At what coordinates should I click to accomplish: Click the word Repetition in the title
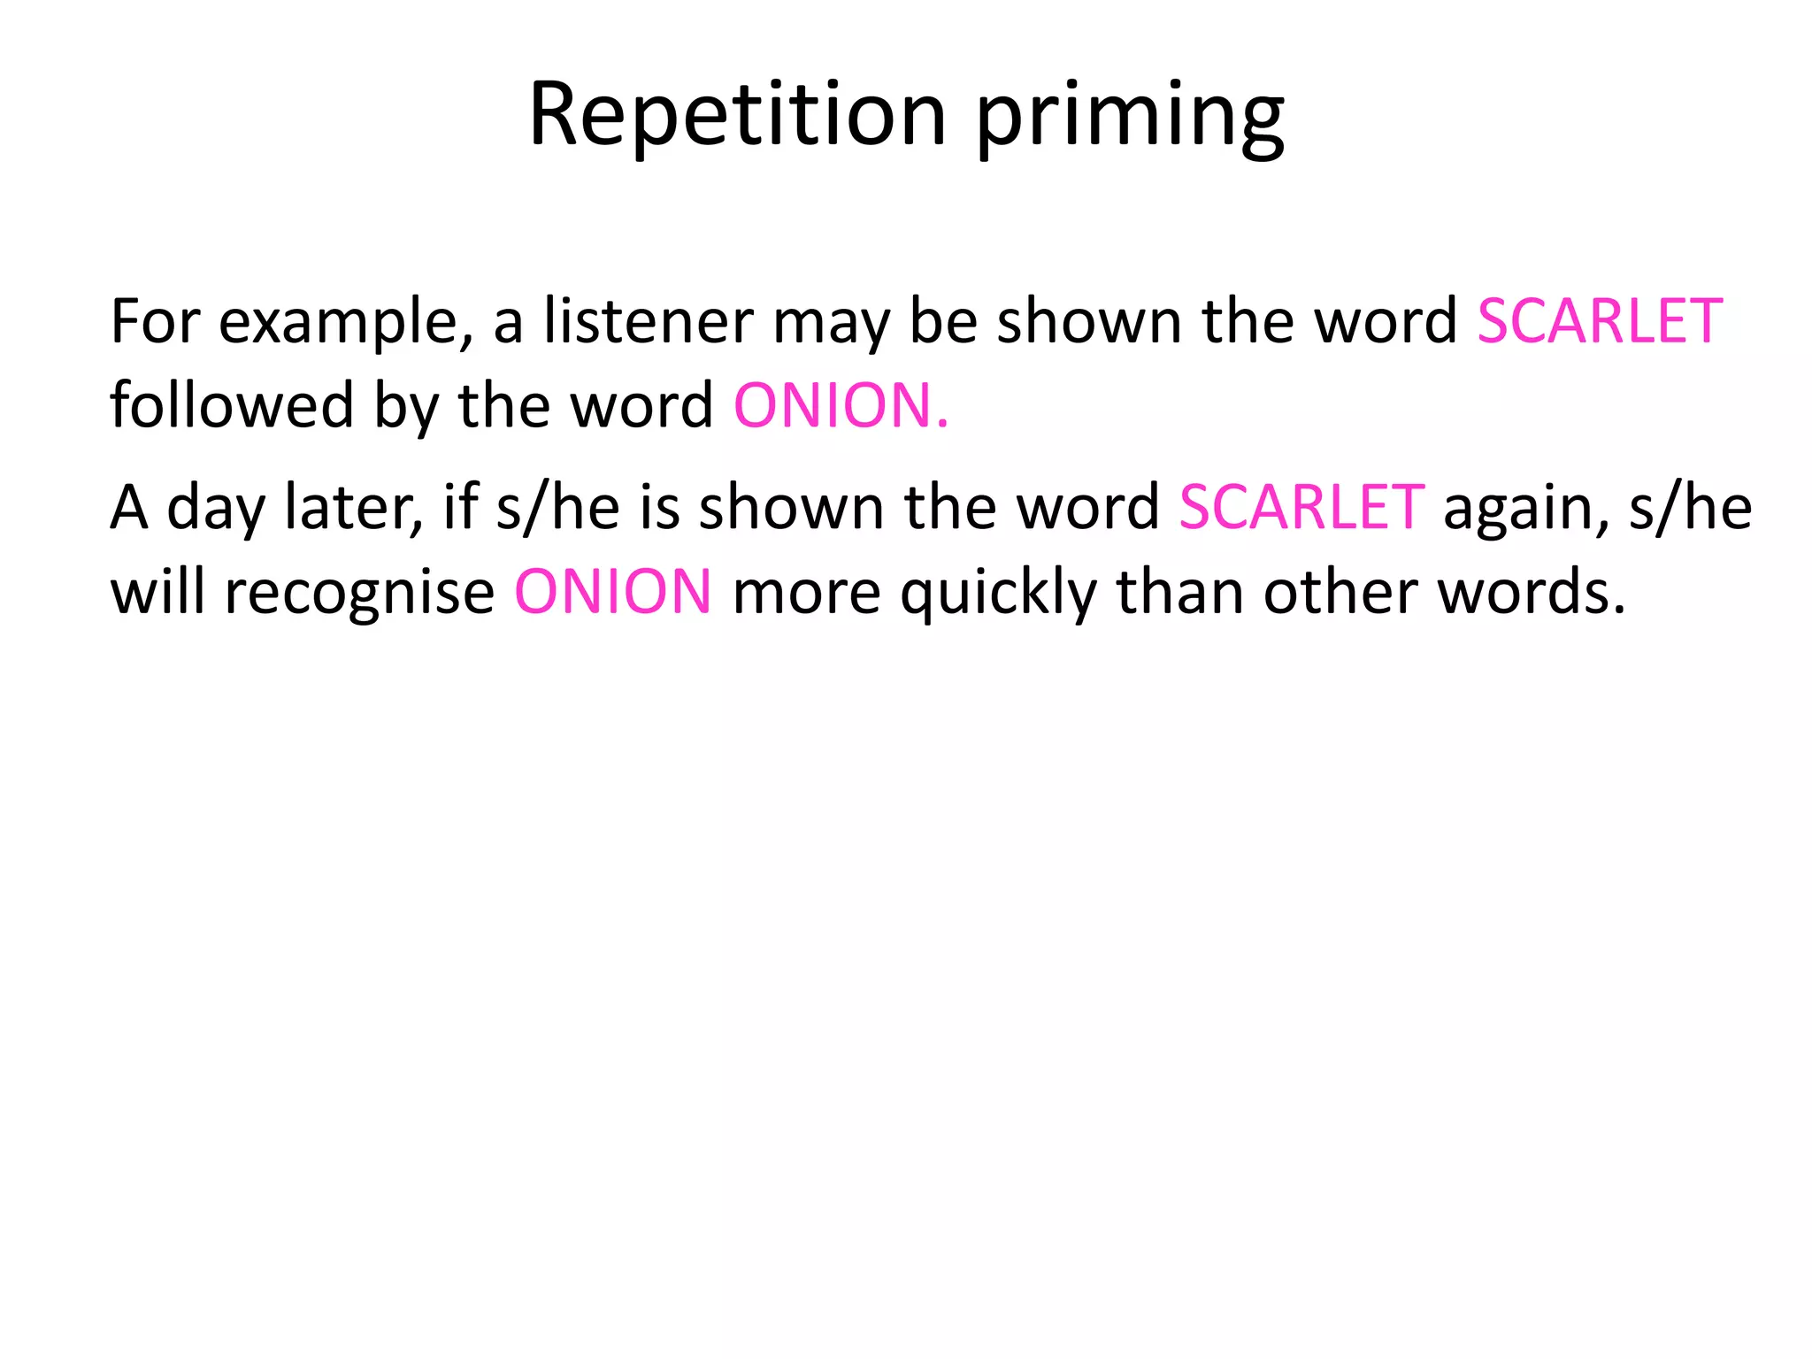click(738, 115)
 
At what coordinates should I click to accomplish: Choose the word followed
click(231, 405)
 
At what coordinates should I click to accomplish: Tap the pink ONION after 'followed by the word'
click(840, 406)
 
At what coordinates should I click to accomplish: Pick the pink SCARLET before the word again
click(1301, 508)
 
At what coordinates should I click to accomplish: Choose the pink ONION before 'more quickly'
click(613, 592)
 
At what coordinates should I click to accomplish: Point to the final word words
click(1532, 591)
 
